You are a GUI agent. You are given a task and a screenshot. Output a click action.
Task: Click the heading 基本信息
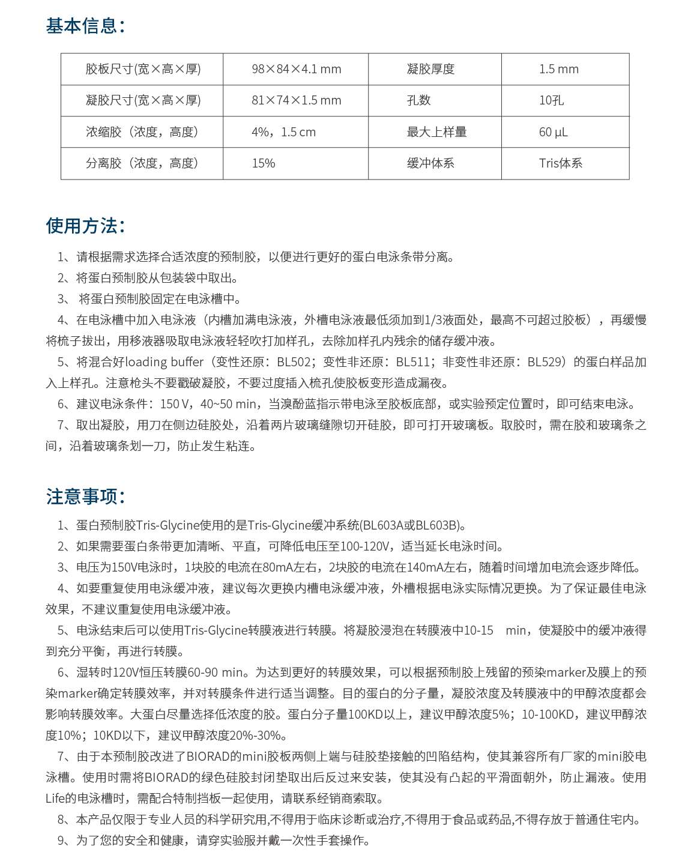(x=85, y=26)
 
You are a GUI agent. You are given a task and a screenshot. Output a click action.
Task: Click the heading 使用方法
(x=85, y=226)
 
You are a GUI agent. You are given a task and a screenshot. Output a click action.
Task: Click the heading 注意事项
(x=85, y=497)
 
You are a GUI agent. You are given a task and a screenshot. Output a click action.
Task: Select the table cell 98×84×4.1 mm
(x=296, y=69)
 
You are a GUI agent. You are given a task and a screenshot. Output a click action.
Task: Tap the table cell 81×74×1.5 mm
(x=296, y=100)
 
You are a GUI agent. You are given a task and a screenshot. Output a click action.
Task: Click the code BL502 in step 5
(x=294, y=362)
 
